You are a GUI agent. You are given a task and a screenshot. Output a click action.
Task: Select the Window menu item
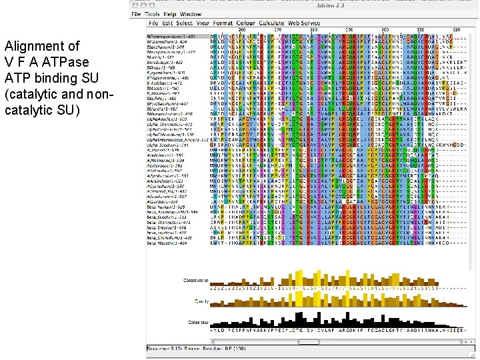click(x=191, y=14)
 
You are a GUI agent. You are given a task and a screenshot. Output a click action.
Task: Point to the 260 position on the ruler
click(x=241, y=30)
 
